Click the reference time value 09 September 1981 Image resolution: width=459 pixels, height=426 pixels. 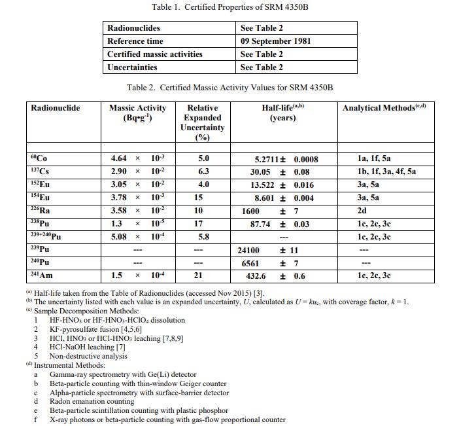tap(275, 41)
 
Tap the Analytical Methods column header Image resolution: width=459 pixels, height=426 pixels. tap(384, 108)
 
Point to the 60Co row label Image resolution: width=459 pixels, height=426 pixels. tap(39, 158)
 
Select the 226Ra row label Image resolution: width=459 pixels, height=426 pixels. tap(41, 211)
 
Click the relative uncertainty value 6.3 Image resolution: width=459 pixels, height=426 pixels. tap(203, 171)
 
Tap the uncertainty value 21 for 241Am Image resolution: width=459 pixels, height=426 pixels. tap(203, 275)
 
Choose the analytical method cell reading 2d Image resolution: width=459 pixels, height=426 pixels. tap(362, 211)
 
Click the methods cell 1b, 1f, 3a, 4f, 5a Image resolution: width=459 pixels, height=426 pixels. tap(387, 171)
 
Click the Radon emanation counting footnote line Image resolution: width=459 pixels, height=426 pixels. tap(92, 401)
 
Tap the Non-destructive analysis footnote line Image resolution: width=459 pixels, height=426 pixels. tap(88, 357)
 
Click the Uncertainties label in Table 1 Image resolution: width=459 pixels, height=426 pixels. tap(132, 67)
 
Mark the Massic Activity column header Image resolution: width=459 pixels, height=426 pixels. tap(137, 113)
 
